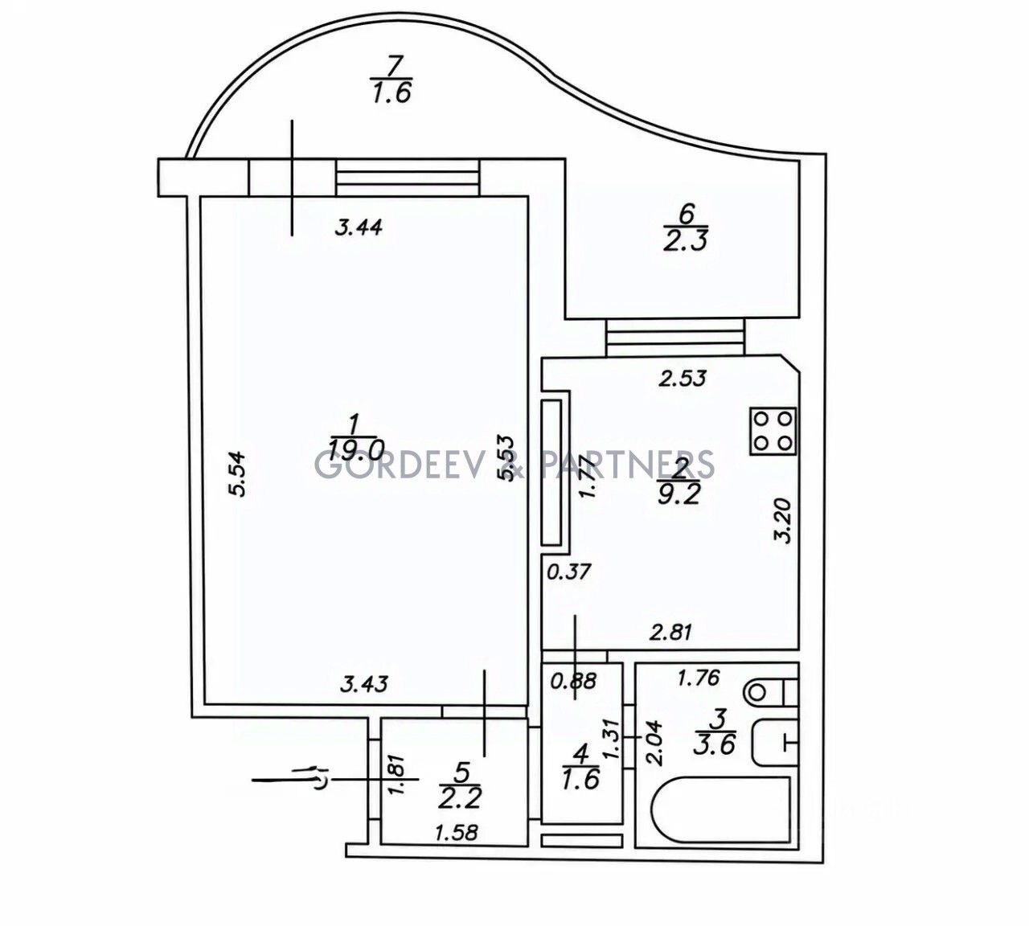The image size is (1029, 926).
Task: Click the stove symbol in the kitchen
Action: coord(773,431)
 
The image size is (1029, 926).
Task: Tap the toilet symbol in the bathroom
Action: coord(770,693)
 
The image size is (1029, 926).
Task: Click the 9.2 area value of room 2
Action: coord(679,496)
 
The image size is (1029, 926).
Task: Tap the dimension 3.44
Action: coord(358,227)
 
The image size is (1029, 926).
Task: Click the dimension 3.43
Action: coord(365,684)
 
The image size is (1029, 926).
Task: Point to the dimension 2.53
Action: coord(683,378)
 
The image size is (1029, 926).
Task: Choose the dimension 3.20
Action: coord(785,521)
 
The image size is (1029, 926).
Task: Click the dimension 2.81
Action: coord(671,632)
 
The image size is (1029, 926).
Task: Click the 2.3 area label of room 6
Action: coord(685,240)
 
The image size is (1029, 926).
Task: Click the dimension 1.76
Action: coord(699,678)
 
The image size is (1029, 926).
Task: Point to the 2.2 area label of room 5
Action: coord(460,797)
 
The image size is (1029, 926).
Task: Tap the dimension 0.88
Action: coord(573,681)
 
